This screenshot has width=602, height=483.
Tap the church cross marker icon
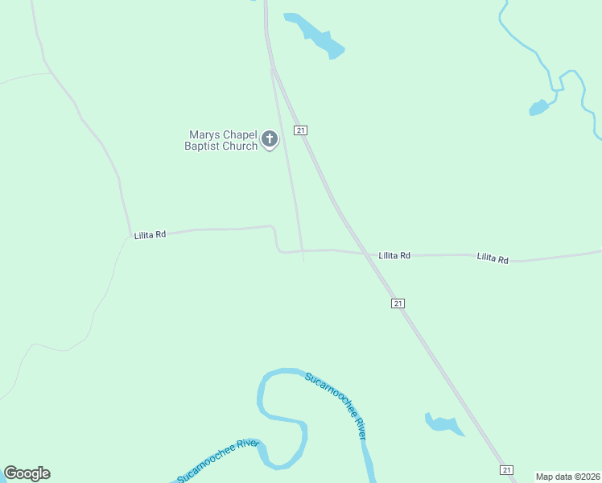coord(270,140)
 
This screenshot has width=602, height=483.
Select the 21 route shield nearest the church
coord(300,130)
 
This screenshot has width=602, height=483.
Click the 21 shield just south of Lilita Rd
coord(398,303)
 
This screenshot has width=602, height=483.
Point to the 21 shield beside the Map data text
coord(505,470)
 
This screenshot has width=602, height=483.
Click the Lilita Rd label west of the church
coord(150,234)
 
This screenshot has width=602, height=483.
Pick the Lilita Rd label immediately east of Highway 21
coord(394,255)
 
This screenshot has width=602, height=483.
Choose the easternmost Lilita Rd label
coord(493,258)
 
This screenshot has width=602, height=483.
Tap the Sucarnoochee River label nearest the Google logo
coord(217,460)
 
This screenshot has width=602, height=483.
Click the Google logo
coord(27,473)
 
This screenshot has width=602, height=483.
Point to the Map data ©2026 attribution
coord(567,477)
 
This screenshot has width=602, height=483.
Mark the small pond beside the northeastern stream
coord(538,107)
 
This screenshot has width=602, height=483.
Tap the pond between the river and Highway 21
coord(443,423)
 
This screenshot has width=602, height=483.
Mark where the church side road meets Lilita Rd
coord(303,250)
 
